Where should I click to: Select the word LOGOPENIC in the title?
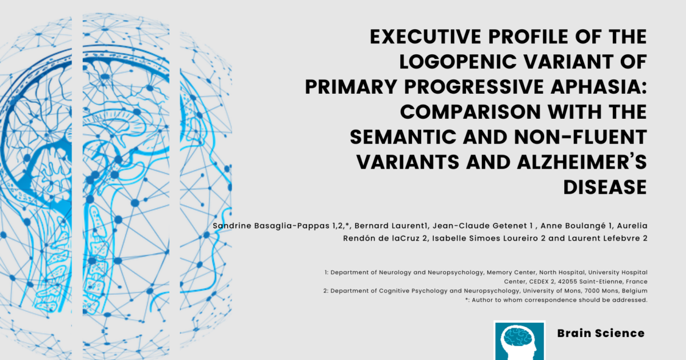point(458,62)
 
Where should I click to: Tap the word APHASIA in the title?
point(599,87)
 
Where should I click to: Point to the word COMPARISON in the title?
point(470,112)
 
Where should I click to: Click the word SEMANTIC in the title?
point(403,137)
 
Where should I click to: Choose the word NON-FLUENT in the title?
point(581,137)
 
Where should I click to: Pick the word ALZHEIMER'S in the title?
point(582,162)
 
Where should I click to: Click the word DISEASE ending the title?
point(605,187)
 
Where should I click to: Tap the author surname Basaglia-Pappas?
point(292,226)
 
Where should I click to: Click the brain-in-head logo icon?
point(520,341)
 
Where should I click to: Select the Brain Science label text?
point(601,333)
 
